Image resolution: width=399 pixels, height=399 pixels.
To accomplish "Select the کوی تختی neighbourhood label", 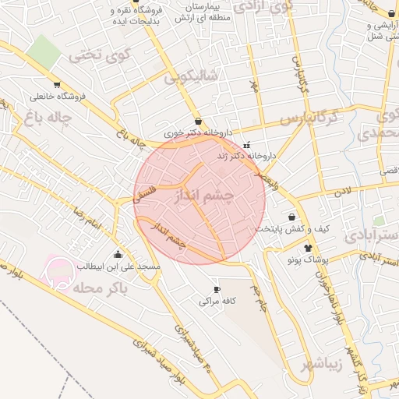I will [x=97, y=55].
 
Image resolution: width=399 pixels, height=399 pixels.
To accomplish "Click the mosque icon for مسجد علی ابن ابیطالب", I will [x=118, y=253].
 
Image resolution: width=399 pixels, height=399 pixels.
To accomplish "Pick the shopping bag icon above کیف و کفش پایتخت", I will [x=292, y=217].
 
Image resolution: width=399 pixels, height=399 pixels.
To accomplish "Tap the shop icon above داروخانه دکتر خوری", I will [x=198, y=122].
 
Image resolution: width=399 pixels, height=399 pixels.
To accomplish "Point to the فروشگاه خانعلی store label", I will [x=57, y=97].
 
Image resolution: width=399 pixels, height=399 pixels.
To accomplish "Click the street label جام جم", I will [x=258, y=298].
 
